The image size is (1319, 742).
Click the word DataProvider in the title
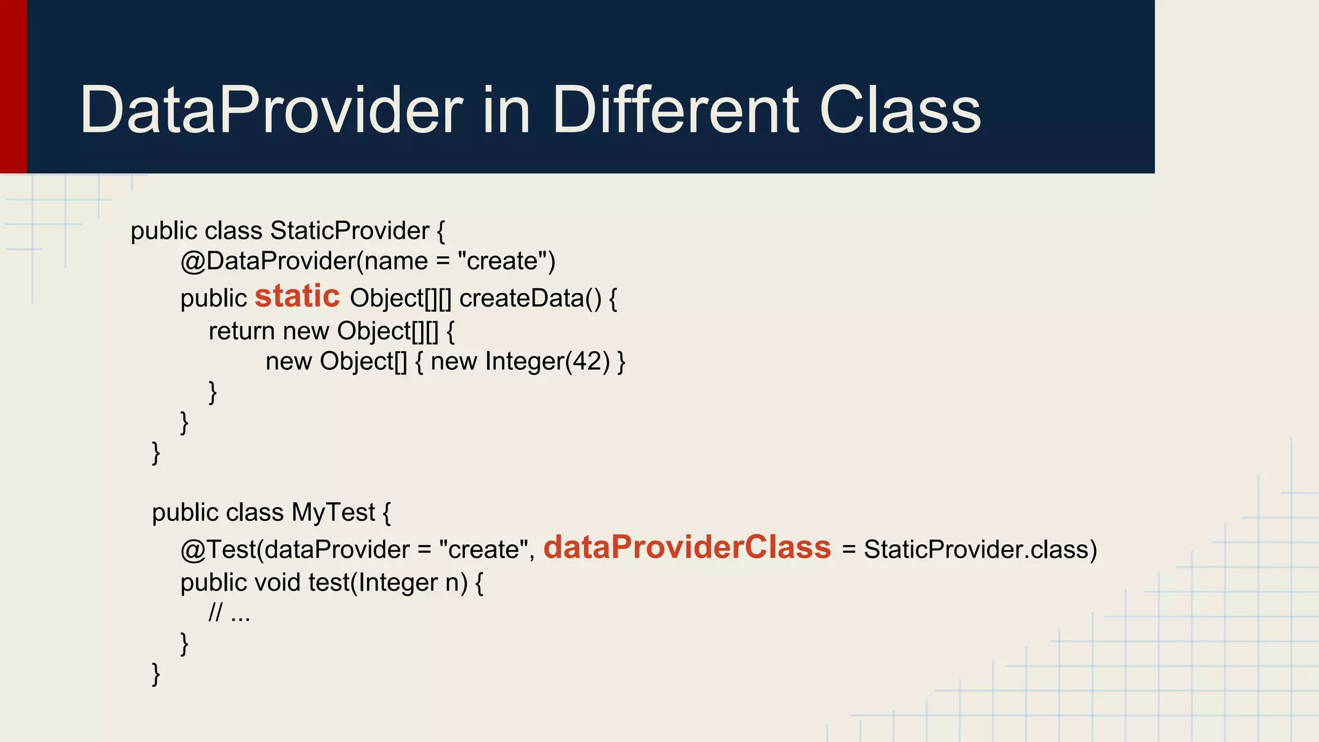(270, 111)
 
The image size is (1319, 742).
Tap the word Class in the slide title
(900, 111)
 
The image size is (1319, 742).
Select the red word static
(297, 296)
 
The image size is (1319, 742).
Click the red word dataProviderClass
(687, 547)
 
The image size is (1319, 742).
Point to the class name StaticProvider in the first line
(350, 231)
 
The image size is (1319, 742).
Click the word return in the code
(242, 331)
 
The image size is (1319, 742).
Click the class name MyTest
(332, 513)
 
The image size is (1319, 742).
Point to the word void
(278, 583)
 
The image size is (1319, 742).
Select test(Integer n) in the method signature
(388, 583)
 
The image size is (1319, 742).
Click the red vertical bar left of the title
(13, 86)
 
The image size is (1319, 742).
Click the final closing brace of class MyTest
(156, 674)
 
